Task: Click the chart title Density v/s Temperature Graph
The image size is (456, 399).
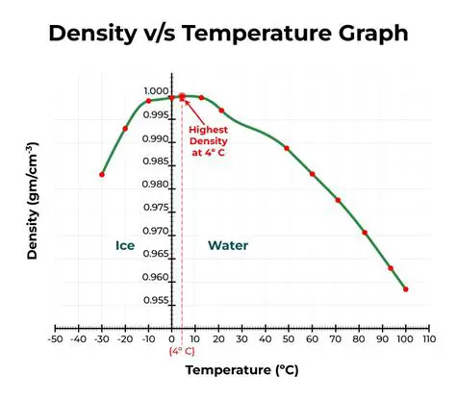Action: click(228, 34)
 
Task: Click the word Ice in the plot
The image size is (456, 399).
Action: click(125, 245)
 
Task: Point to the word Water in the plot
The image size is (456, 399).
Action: click(227, 245)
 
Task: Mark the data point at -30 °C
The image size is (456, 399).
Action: click(102, 174)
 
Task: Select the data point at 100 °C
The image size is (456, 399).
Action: click(406, 289)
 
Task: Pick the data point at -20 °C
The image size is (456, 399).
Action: click(125, 129)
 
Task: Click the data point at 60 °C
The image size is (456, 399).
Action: click(313, 174)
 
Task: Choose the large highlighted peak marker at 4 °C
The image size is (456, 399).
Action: click(182, 97)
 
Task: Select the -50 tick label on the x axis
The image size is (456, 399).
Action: click(55, 339)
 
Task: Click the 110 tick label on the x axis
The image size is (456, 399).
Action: click(429, 339)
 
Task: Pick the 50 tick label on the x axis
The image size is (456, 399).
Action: click(289, 339)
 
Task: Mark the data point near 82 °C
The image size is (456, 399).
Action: click(365, 233)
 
